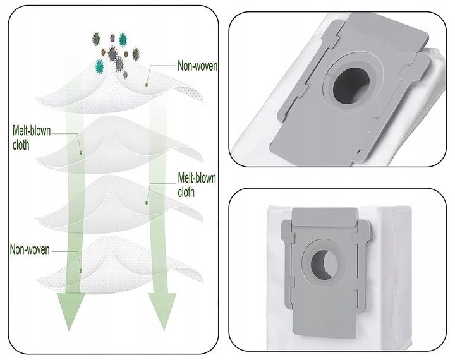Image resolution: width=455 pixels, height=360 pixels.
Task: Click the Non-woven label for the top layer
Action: point(197,66)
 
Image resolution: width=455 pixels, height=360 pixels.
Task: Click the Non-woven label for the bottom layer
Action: point(30,249)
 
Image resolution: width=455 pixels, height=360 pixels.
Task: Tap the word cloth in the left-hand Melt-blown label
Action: point(21,145)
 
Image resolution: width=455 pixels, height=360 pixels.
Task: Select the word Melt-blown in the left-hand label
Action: point(32,131)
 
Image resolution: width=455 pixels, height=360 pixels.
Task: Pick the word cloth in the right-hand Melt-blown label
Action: point(186,192)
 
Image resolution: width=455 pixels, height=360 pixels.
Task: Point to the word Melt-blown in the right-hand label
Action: point(197,178)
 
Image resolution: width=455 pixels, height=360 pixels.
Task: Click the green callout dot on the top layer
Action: point(147,85)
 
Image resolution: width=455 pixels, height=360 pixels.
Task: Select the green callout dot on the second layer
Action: point(81,152)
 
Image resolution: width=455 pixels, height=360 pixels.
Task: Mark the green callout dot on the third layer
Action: point(147,203)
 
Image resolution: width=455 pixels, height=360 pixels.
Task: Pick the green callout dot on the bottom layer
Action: point(81,271)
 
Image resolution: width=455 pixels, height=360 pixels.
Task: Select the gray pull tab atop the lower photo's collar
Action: point(325,217)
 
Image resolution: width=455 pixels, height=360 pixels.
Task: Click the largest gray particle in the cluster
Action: point(112,54)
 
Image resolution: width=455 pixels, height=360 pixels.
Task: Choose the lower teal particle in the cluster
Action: point(100,66)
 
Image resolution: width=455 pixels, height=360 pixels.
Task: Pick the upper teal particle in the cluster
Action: point(123,40)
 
